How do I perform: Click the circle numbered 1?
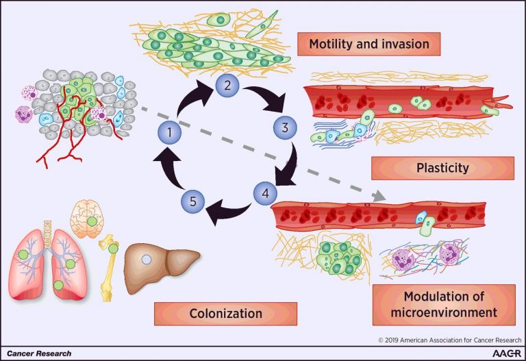[x=168, y=131]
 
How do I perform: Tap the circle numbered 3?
[x=282, y=127]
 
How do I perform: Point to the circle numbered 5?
[x=193, y=201]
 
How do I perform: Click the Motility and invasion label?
[x=369, y=45]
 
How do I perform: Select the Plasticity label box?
[x=442, y=168]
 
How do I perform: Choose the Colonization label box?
[x=225, y=314]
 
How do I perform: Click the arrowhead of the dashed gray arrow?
[x=379, y=198]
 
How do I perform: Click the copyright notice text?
[x=449, y=340]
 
